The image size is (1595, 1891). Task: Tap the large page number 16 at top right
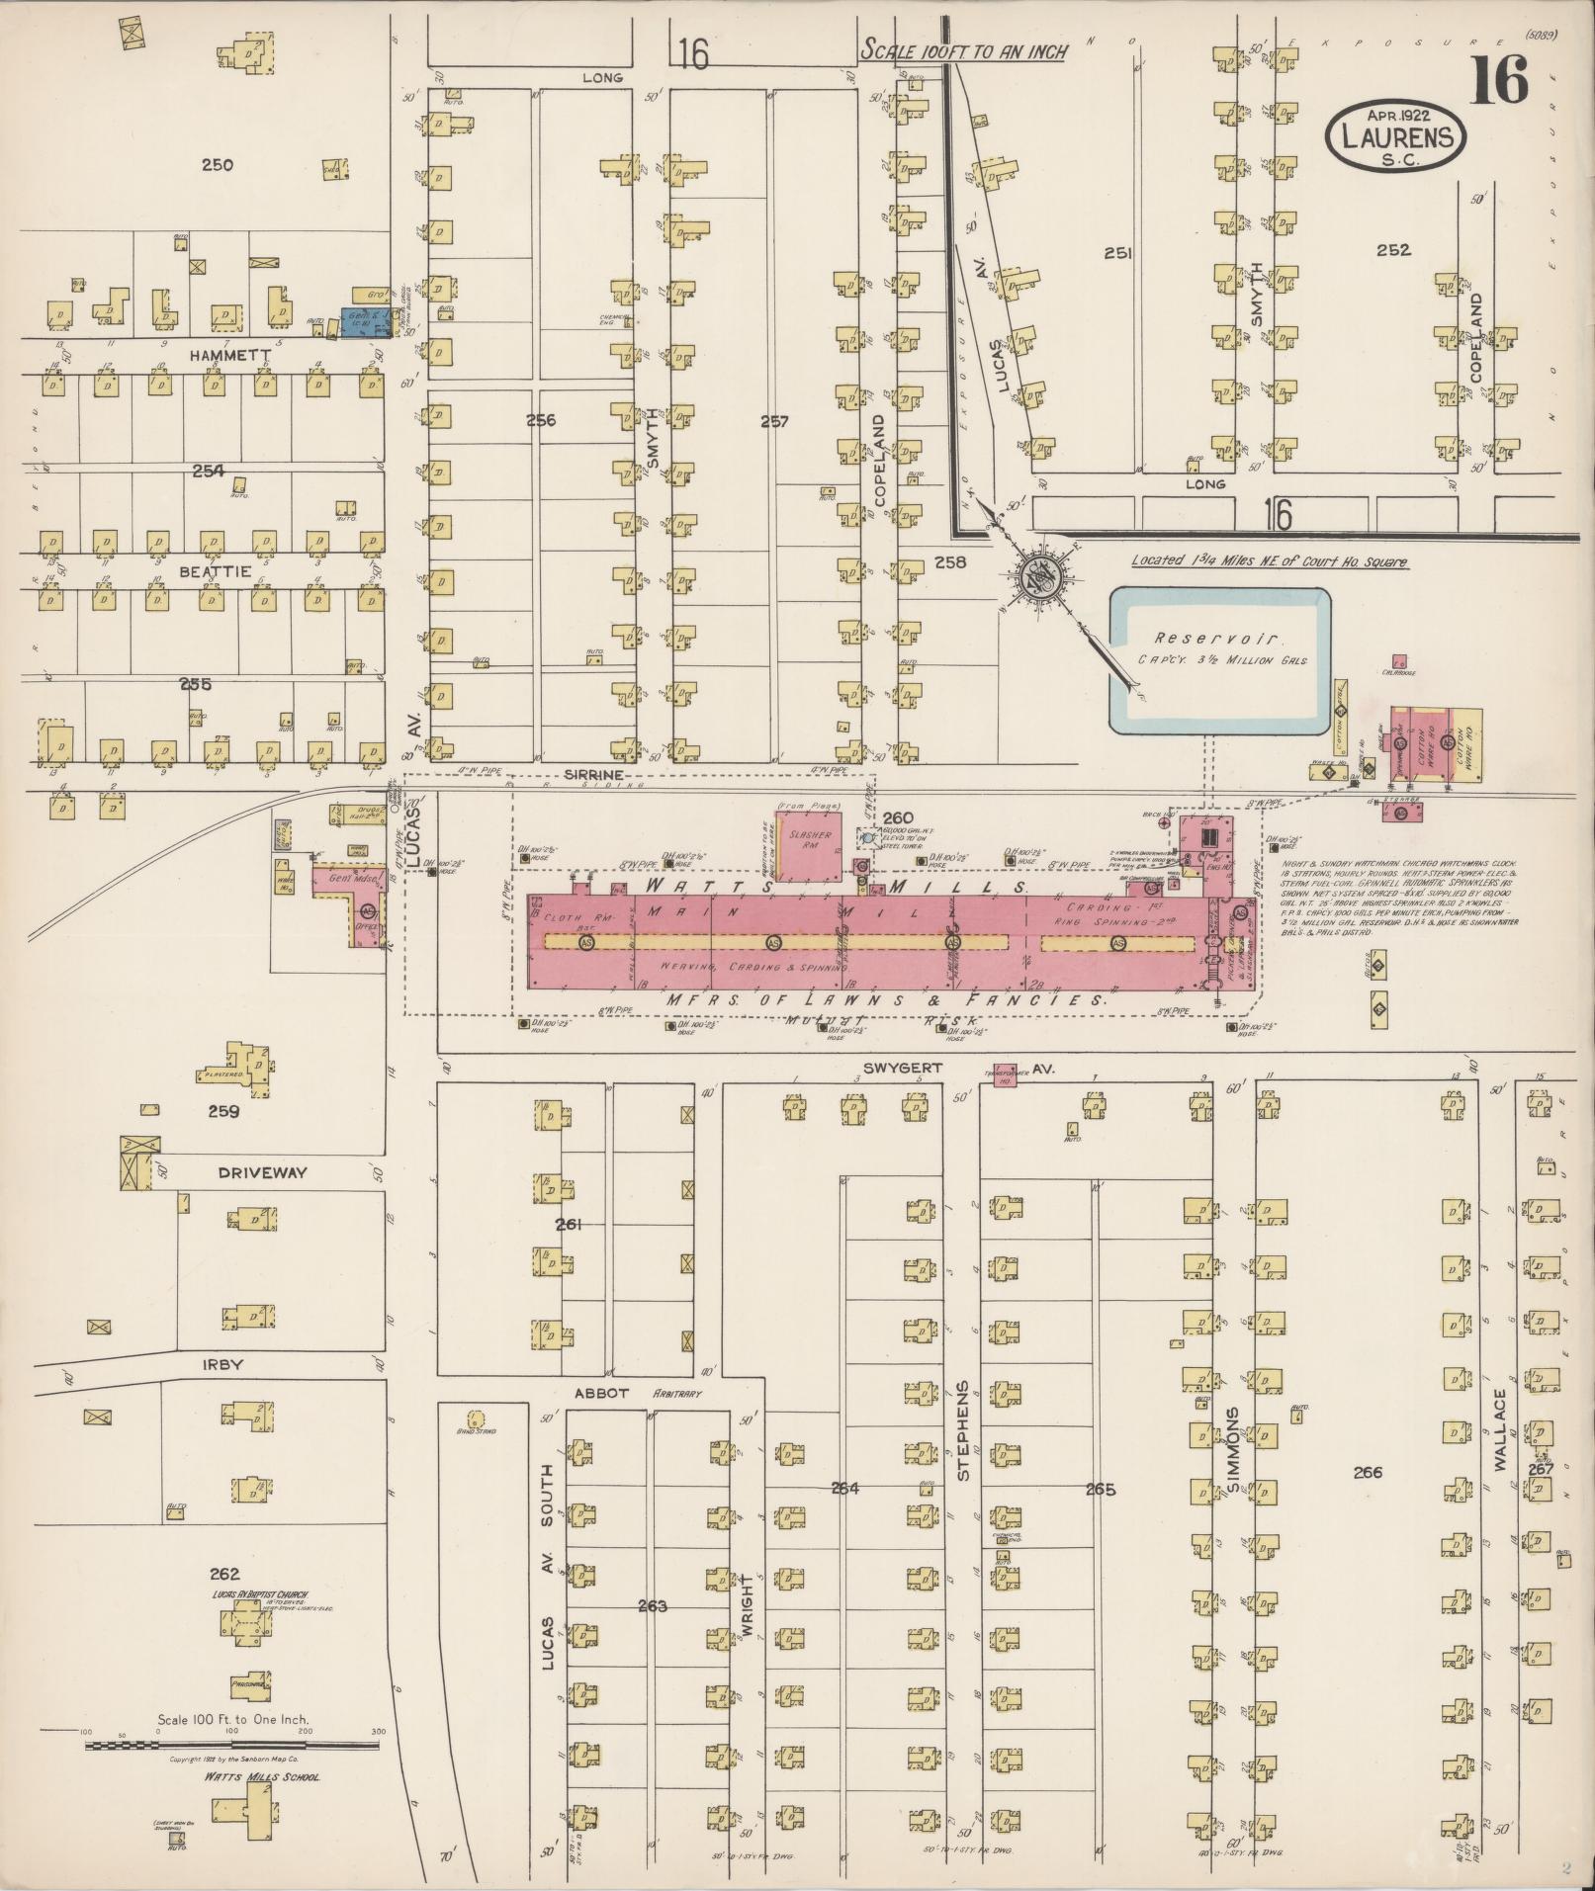point(1498,82)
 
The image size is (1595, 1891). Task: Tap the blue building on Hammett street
point(364,320)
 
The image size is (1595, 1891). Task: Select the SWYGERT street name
point(891,1069)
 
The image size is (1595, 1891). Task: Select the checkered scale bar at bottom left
point(232,1746)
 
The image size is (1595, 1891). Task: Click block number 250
point(217,165)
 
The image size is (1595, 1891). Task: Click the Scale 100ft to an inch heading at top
point(962,51)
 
